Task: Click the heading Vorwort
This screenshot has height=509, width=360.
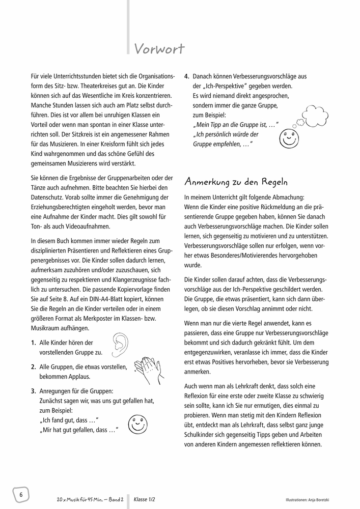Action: pos(159,48)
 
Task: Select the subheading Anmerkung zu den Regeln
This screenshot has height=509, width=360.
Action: pos(236,182)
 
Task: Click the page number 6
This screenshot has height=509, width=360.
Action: pos(21,494)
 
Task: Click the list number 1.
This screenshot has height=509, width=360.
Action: pos(33,343)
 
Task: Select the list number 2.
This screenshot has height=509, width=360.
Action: pos(33,366)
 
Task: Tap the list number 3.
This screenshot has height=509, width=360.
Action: pos(33,391)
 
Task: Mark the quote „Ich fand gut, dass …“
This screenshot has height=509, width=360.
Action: pos(68,419)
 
